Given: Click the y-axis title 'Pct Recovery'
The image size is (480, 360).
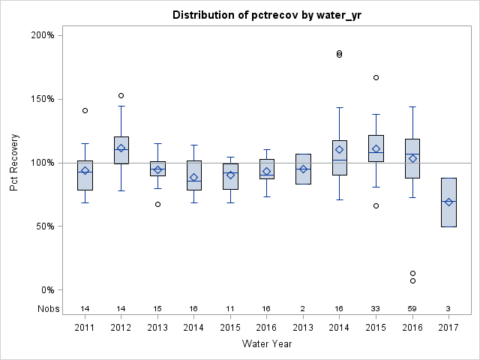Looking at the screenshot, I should coord(15,163).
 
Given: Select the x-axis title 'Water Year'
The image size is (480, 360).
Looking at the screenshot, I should coord(267,343).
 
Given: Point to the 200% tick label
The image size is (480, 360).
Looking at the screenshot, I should coord(41,35).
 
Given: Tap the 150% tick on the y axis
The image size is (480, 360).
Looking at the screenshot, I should coord(41,99).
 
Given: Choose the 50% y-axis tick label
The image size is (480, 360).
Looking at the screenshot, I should coord(43,226).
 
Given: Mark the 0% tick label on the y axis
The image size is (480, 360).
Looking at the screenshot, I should coord(46,290).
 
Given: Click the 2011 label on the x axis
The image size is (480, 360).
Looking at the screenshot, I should coord(85,326).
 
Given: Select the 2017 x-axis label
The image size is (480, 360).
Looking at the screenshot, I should coord(448,326).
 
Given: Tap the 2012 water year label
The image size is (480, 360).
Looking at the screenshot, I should coord(121,326).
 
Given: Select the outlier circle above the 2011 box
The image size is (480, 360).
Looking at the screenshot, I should coord(85,110).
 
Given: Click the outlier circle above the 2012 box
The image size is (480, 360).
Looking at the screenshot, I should coord(121,95).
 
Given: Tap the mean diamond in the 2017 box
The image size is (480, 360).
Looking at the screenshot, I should coord(448,202).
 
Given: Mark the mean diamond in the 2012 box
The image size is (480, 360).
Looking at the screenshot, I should coord(121,148).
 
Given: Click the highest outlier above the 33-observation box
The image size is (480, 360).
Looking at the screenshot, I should coord(376,77).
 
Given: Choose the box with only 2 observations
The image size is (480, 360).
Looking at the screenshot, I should coord(303,169).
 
